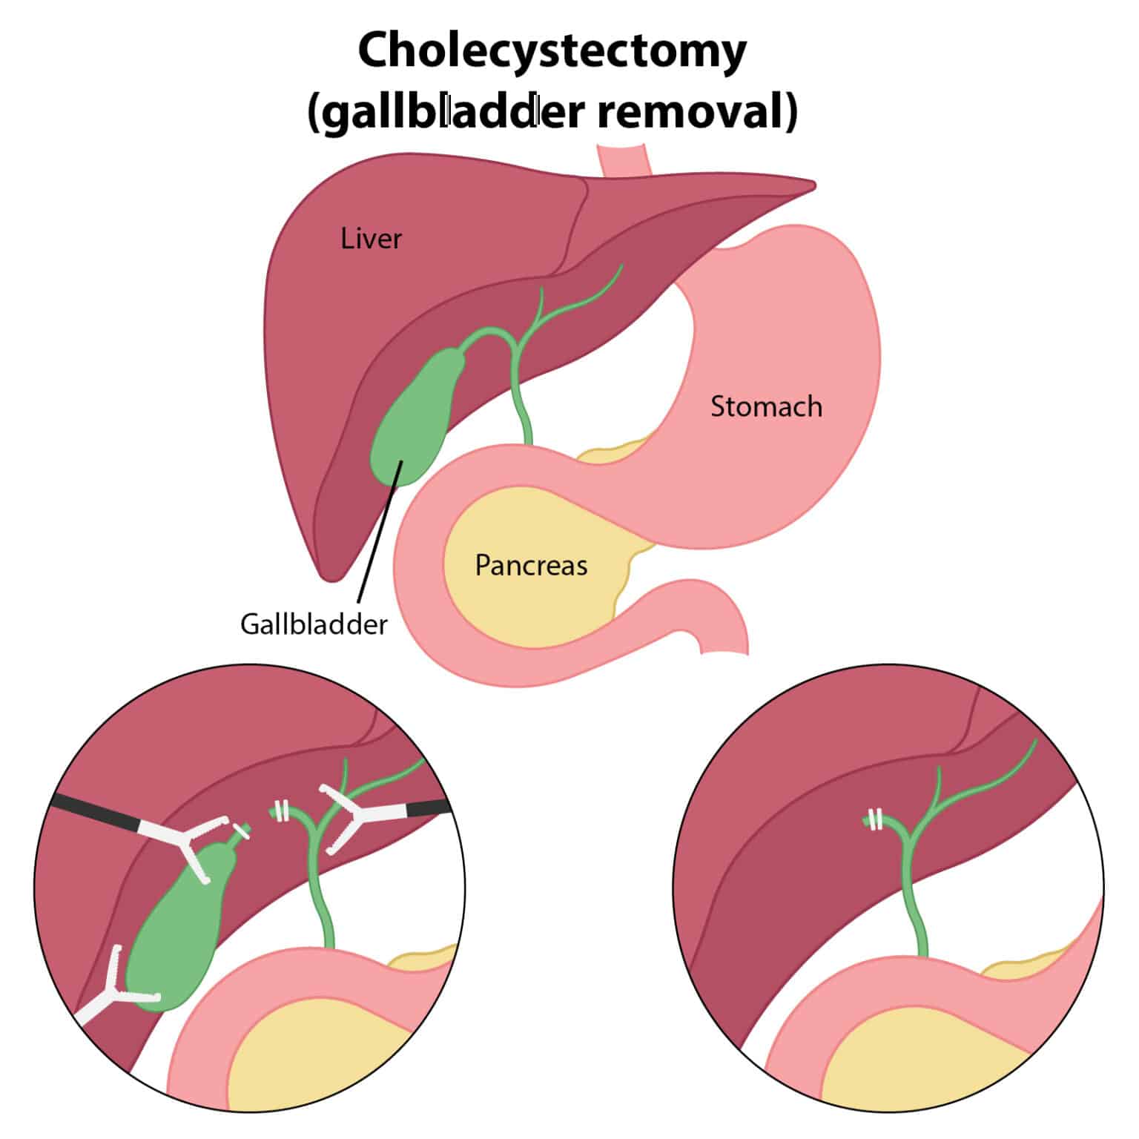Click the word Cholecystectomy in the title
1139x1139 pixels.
point(552,50)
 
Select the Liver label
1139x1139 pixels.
point(371,239)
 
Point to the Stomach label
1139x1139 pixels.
point(766,406)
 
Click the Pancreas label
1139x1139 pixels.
point(531,565)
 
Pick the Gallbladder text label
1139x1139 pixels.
point(314,624)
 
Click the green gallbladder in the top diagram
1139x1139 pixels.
point(415,415)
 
